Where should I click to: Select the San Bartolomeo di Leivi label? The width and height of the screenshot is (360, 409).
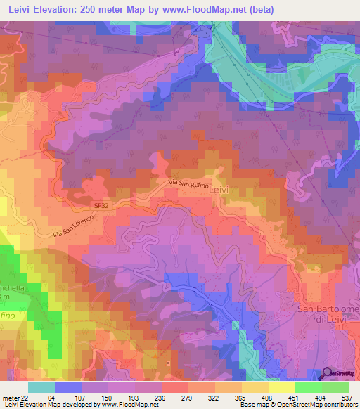pyautogui.click(x=326, y=314)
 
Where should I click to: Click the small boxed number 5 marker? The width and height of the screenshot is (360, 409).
pyautogui.click(x=169, y=363)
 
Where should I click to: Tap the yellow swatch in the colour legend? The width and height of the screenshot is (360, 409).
pyautogui.click(x=281, y=387)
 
